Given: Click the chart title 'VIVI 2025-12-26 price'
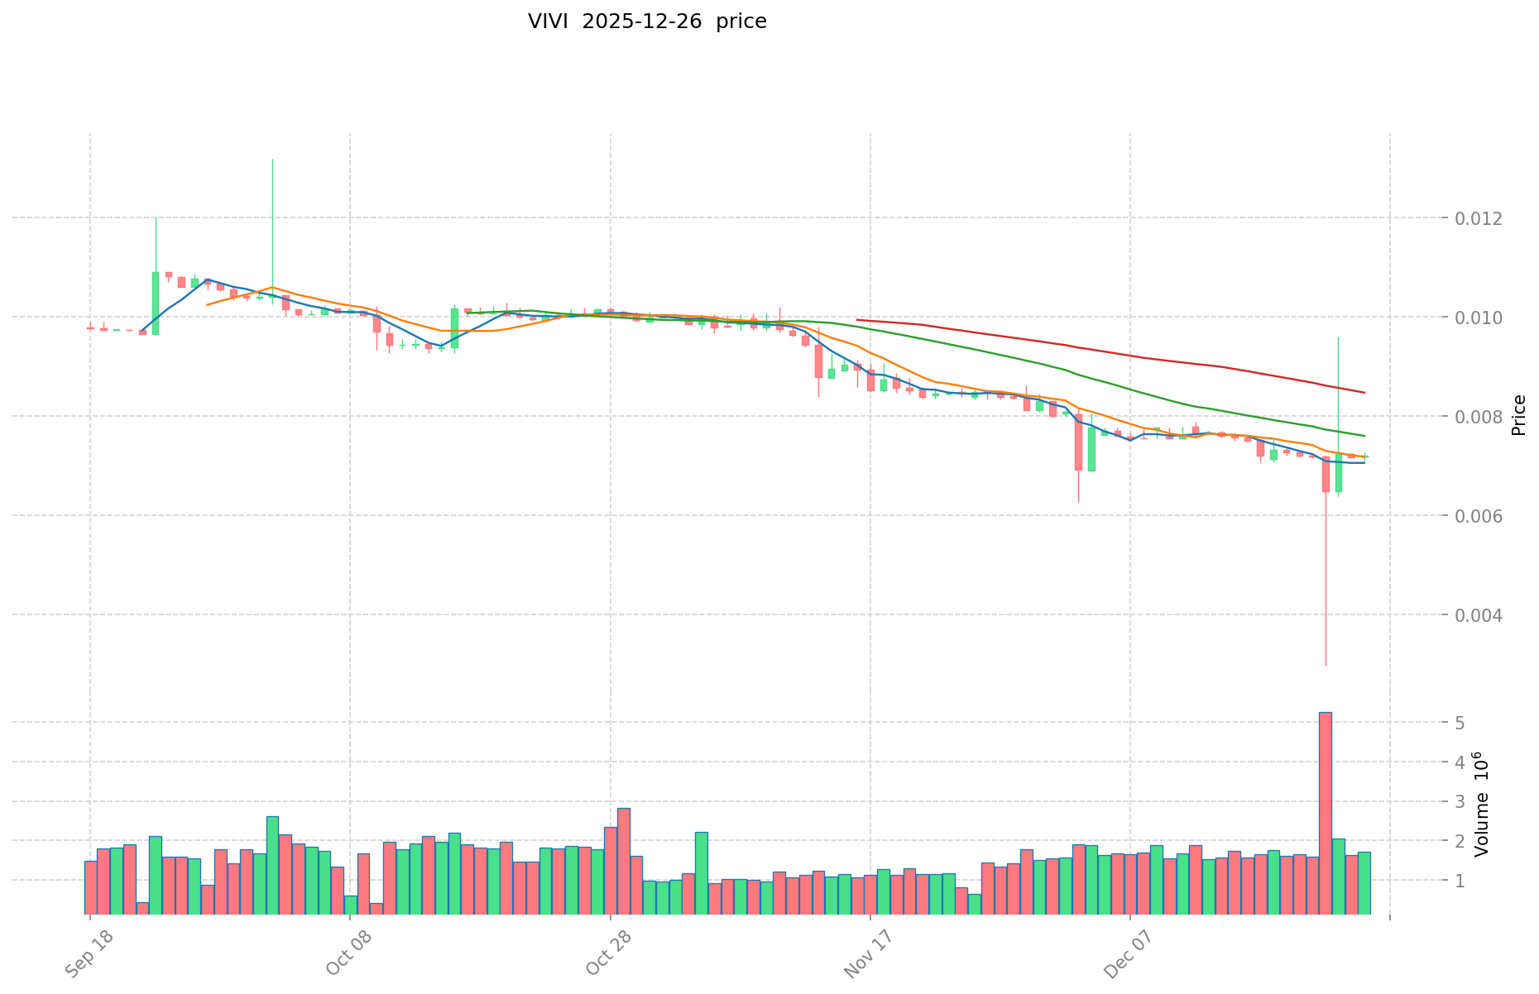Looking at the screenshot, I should coord(647,22).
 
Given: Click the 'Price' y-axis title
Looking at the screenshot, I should coord(1518,415).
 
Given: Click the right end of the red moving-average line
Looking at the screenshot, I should coord(1364,392).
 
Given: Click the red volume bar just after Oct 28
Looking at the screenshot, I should coord(624,861).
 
